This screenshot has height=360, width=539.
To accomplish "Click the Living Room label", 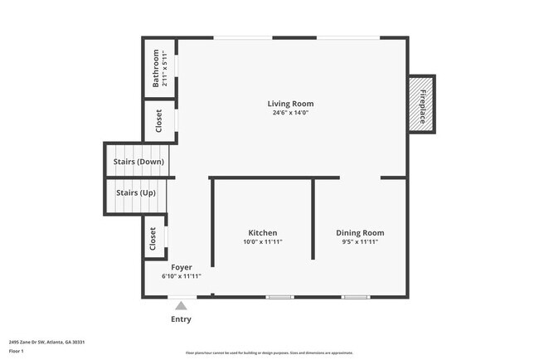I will coord(290,104).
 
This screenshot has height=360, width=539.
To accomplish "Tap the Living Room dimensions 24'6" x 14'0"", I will coord(290,114).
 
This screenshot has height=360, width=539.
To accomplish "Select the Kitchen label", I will coord(263,233).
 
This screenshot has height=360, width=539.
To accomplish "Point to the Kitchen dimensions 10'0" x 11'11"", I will coord(263,242).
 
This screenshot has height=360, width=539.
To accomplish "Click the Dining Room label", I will coord(360,233).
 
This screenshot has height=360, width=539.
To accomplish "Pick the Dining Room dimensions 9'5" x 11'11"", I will coord(360,242).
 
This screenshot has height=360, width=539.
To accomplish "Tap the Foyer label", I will coord(182,267).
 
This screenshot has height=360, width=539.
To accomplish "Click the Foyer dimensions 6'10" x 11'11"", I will coord(182,276).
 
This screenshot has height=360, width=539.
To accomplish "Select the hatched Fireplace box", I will coord(423,106).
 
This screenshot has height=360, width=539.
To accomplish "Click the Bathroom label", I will coord(155,69).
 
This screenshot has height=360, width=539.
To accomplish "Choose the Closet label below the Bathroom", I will coord(159,122).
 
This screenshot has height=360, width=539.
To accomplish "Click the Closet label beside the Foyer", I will coord(153,239).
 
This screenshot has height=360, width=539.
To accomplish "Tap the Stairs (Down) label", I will coord(138,162).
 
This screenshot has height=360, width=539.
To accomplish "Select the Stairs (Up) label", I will coord(136,192).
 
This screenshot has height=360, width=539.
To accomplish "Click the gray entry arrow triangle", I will coord(181,306).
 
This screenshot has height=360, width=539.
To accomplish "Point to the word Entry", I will coord(181,319).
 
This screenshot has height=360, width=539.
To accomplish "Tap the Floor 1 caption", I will coord(17,351).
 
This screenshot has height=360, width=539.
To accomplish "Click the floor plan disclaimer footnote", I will coord(269,353).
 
